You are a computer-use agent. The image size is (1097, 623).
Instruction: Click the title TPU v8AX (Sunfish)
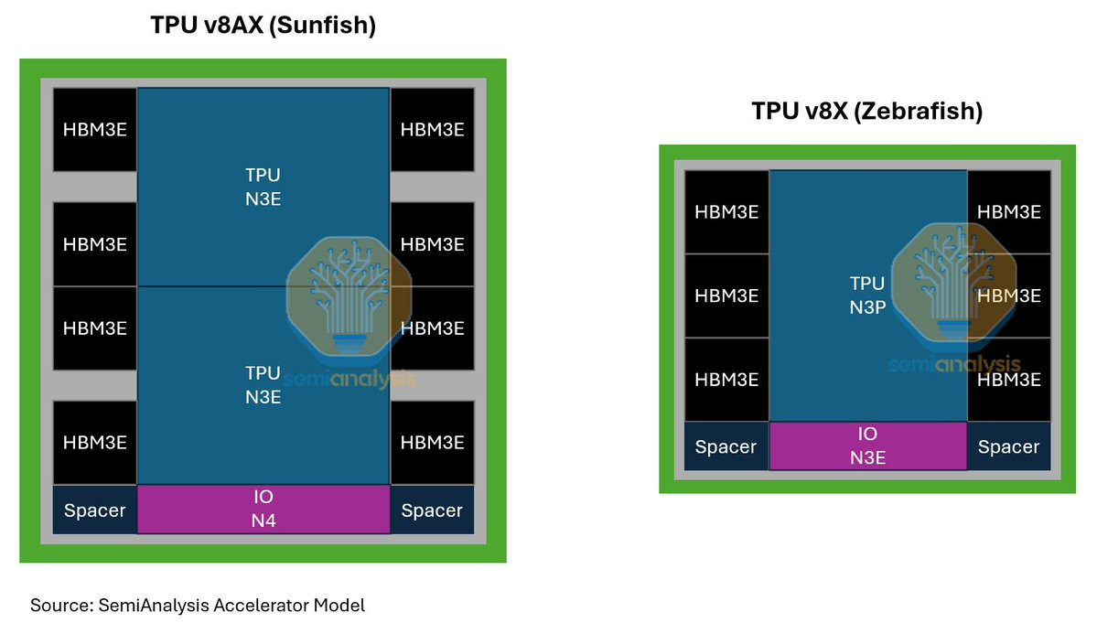[x=263, y=27]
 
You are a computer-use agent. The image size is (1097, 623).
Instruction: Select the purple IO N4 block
[x=263, y=510]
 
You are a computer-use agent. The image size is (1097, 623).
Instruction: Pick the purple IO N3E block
[x=867, y=446]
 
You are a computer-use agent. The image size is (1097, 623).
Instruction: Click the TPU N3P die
[x=867, y=295]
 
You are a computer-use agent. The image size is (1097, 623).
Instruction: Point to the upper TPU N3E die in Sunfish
[x=263, y=187]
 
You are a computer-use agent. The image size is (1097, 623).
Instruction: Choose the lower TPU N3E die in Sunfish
[x=263, y=385]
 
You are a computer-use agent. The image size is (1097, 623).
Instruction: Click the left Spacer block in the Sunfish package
[x=95, y=510]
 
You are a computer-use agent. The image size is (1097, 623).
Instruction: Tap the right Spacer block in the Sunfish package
[x=432, y=510]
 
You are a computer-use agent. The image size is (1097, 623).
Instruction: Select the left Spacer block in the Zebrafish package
[x=726, y=446]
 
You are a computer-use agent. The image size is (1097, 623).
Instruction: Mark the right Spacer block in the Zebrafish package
[x=1008, y=446]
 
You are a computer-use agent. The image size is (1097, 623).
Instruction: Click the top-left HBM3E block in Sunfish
[x=95, y=129]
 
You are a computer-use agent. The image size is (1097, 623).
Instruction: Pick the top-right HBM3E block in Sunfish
[x=432, y=129]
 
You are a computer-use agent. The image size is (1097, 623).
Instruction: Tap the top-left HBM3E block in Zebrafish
[x=726, y=211]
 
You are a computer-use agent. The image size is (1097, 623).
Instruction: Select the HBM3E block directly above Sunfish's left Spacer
[x=95, y=442]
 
